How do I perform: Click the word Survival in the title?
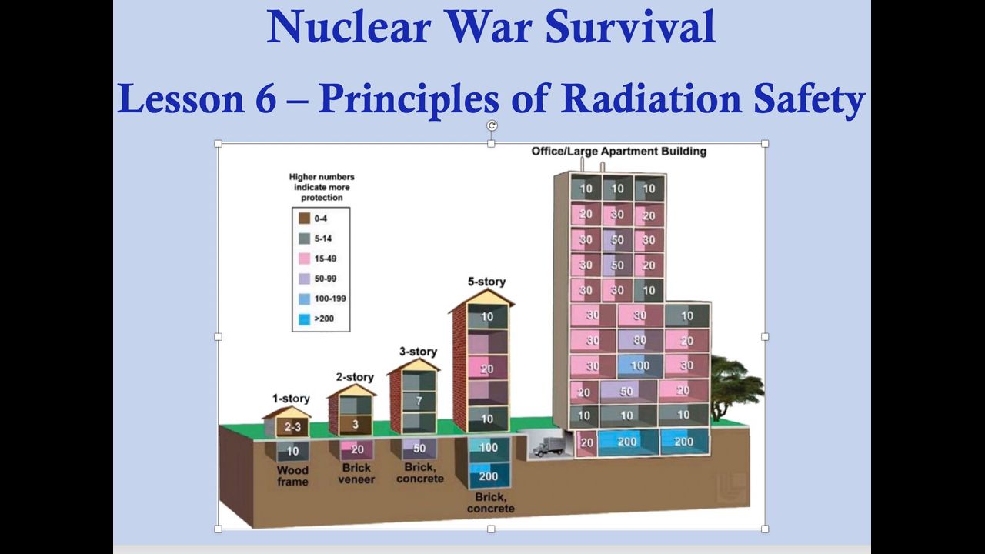click(x=630, y=26)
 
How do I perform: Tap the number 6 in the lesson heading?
click(x=265, y=98)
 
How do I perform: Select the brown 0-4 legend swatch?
click(x=304, y=218)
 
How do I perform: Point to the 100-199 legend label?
click(x=330, y=299)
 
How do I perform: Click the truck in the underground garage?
click(x=547, y=446)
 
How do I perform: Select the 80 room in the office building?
click(x=639, y=340)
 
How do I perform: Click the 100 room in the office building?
click(x=639, y=365)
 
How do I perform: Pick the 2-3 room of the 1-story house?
click(x=292, y=426)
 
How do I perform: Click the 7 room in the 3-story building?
click(x=419, y=401)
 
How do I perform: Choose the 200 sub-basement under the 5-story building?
click(x=488, y=476)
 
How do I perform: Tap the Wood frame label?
click(x=292, y=476)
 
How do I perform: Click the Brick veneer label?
click(x=356, y=473)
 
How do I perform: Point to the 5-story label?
click(x=486, y=282)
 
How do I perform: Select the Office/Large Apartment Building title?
click(x=619, y=152)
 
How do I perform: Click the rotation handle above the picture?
click(x=492, y=125)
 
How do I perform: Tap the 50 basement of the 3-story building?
click(x=419, y=449)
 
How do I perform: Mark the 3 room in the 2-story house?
click(x=356, y=424)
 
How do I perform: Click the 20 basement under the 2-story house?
click(x=356, y=449)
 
